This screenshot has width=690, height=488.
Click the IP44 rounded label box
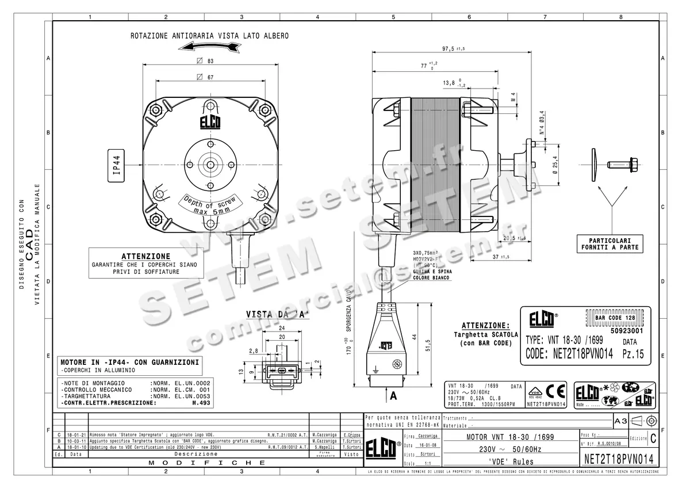(116, 165)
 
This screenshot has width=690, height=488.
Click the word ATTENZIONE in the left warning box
(145, 256)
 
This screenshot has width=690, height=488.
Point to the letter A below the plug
(393, 396)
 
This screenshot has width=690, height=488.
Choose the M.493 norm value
(201, 403)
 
